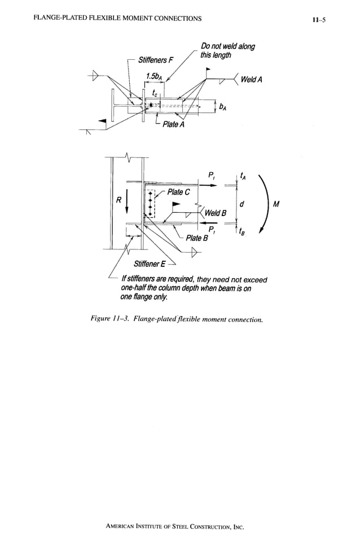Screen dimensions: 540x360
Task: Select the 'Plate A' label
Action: coord(173,124)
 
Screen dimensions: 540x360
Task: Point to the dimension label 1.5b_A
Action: coord(154,77)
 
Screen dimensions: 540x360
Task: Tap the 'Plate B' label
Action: coord(197,238)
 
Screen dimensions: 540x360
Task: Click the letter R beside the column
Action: coord(118,199)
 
